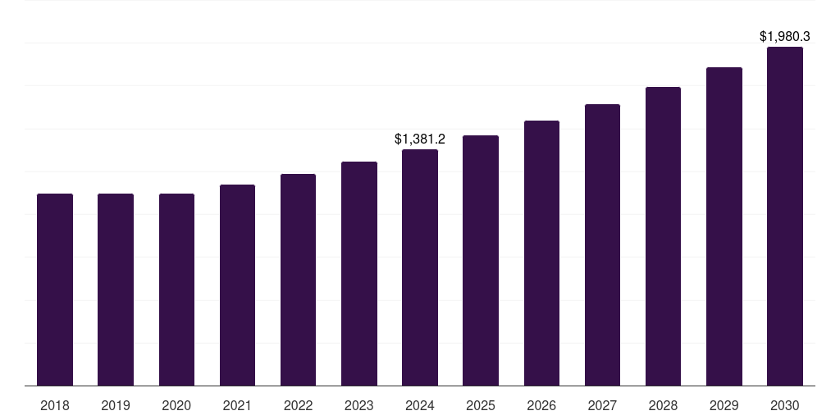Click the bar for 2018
coord(55,290)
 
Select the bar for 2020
coord(176,290)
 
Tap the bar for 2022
coord(298,280)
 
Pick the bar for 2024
coord(420,267)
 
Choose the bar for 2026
coord(541,253)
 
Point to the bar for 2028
coord(663,236)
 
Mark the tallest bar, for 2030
coord(785,216)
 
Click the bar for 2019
coord(116,290)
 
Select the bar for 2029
coord(724,226)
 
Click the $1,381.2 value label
coord(420,139)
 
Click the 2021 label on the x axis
coord(237,405)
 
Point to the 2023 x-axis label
coord(359,405)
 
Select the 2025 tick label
coord(481,405)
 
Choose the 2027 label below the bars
coord(602,405)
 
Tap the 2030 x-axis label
coord(785,405)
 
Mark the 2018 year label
coord(55,405)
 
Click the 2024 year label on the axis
coord(420,405)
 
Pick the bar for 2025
coord(481,260)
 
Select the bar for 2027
coord(602,244)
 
